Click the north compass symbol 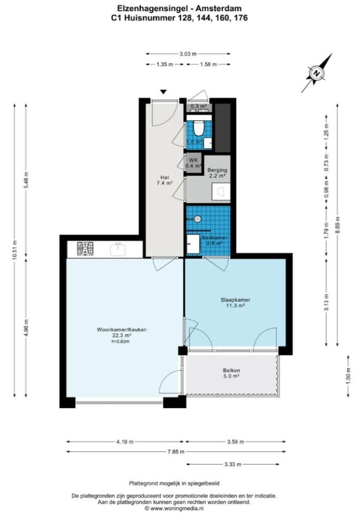click(317, 73)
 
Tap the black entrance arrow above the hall click(163, 92)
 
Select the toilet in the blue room click(199, 128)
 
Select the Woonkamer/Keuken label click(121, 330)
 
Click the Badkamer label click(216, 238)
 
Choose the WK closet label click(193, 160)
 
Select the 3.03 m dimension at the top click(188, 53)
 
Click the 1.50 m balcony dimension click(348, 376)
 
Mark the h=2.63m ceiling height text click(121, 341)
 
